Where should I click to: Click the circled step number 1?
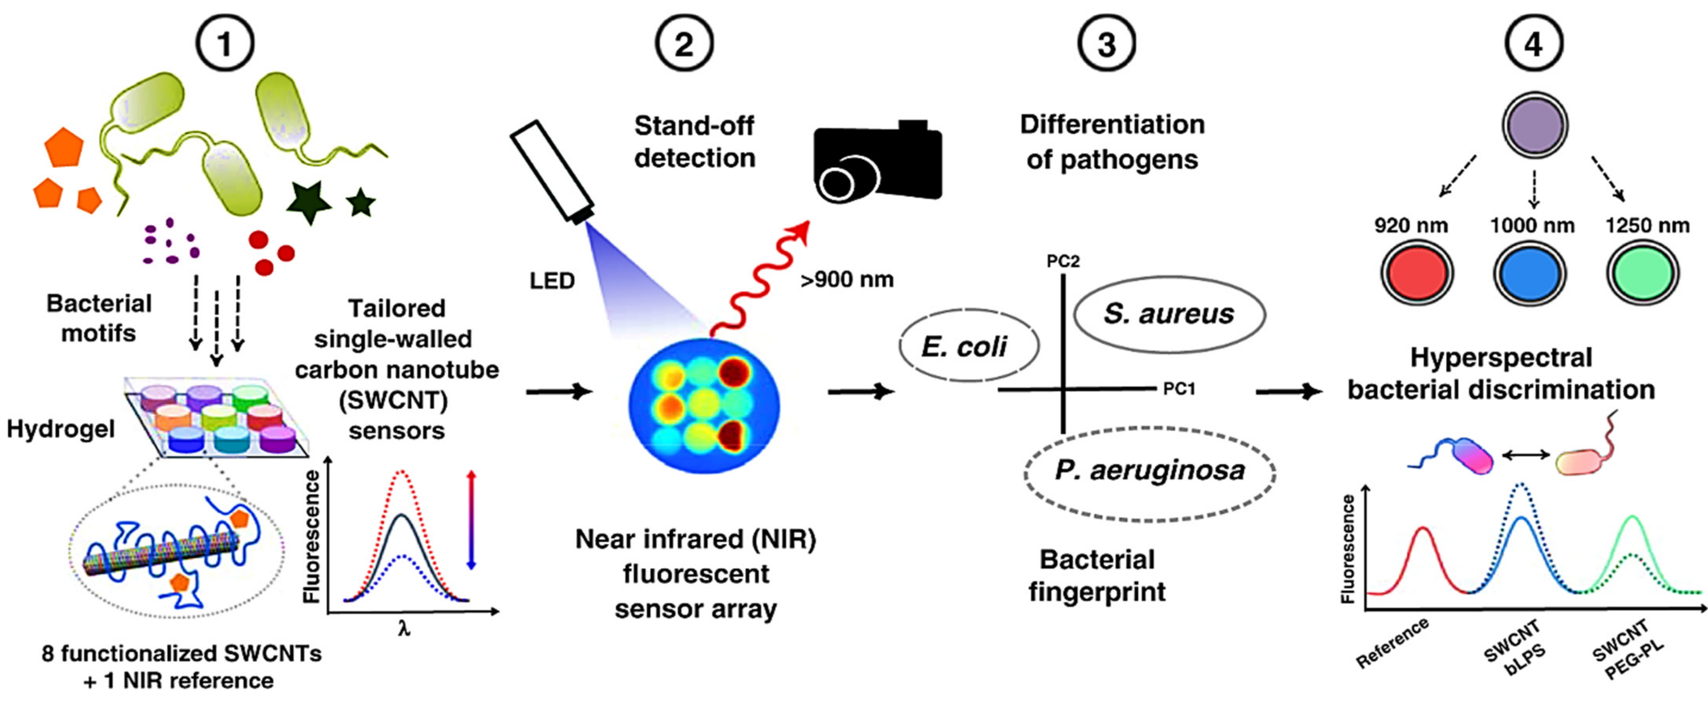pyautogui.click(x=224, y=44)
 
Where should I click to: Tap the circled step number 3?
pyautogui.click(x=1107, y=44)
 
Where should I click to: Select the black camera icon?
pyautogui.click(x=877, y=162)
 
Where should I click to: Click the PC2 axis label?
pyautogui.click(x=1063, y=261)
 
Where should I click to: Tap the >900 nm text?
pyautogui.click(x=847, y=280)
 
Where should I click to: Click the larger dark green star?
pyautogui.click(x=308, y=201)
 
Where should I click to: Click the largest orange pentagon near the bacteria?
pyautogui.click(x=64, y=147)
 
